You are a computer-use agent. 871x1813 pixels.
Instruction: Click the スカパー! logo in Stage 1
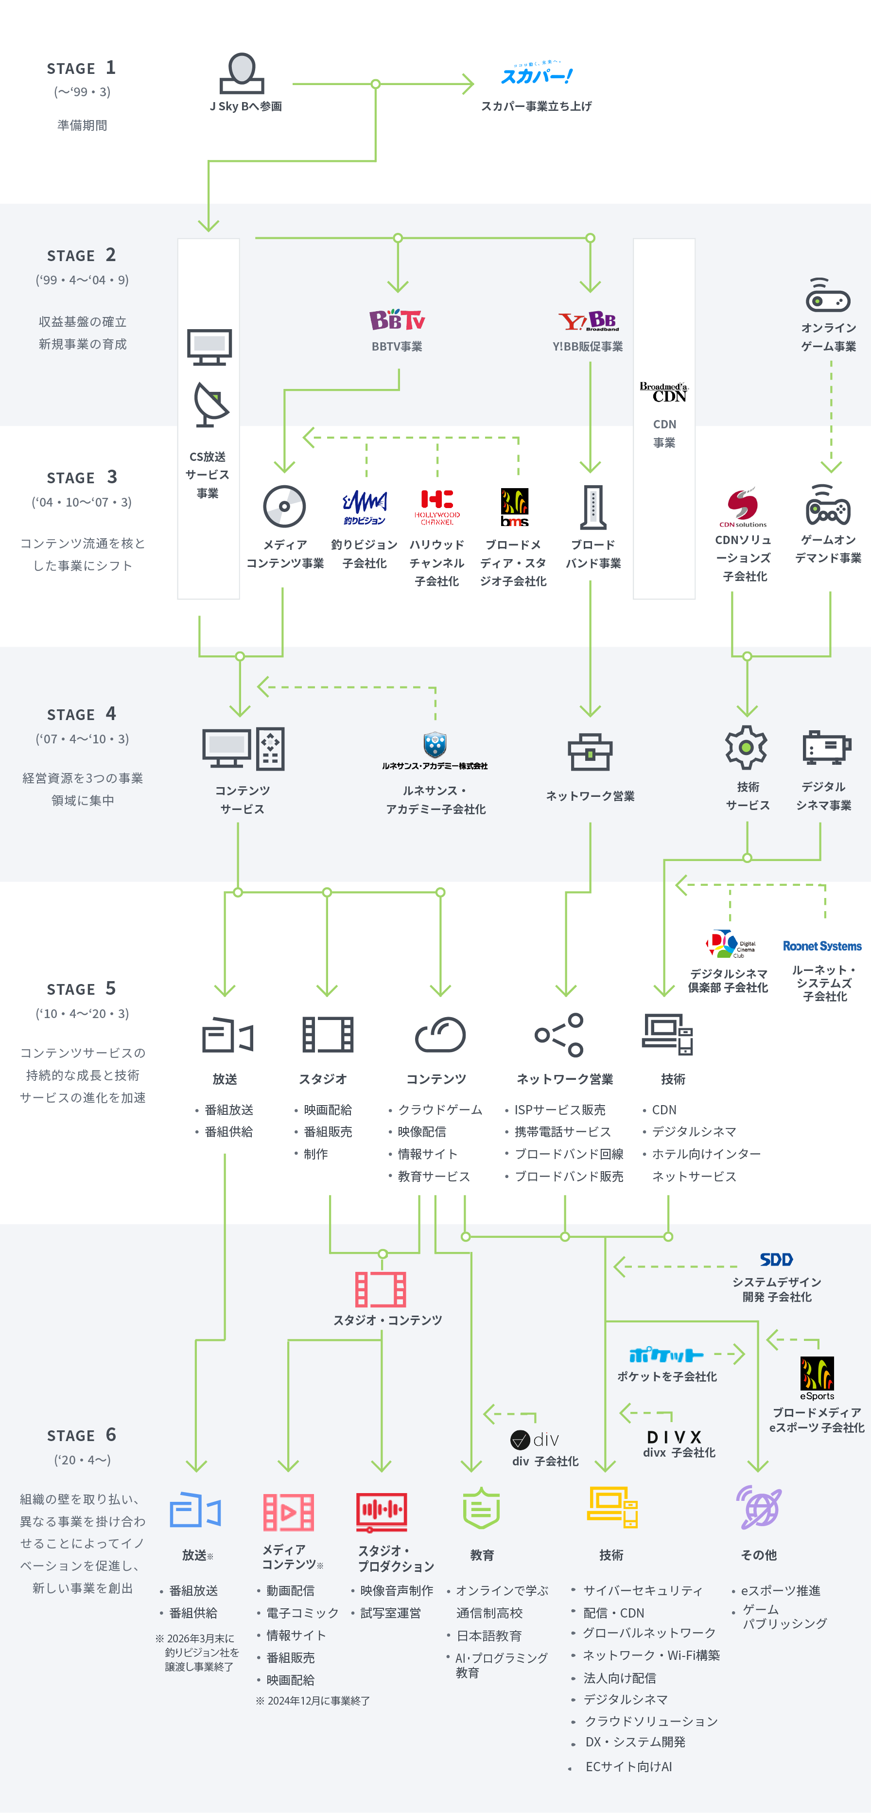pos(536,74)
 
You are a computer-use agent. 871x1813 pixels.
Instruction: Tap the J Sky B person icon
pos(242,73)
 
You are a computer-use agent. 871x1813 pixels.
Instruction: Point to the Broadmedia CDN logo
pos(663,392)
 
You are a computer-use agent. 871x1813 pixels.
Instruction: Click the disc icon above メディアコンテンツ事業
pos(284,506)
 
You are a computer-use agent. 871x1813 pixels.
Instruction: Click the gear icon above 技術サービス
pos(747,747)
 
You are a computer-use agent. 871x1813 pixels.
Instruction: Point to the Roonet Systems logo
pos(822,946)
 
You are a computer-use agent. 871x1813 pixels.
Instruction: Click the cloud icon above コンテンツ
pos(440,1035)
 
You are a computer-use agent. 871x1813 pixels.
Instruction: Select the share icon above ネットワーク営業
pos(559,1035)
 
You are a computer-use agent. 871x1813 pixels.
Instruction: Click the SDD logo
pos(776,1259)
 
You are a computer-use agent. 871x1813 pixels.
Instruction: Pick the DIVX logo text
pos(674,1437)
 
